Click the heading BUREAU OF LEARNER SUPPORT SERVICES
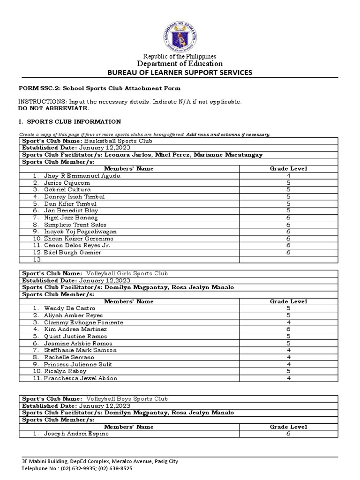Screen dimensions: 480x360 tap(180, 73)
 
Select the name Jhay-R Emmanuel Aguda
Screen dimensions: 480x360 tap(82, 176)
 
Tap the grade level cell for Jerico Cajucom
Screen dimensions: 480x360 tap(288, 183)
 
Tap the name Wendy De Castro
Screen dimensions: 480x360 tap(69, 308)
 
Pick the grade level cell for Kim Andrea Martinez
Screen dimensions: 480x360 tap(288, 329)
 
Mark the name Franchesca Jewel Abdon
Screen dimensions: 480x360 tap(81, 378)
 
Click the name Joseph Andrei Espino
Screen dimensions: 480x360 tap(76, 434)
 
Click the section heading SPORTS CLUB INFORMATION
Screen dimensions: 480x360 tap(74, 121)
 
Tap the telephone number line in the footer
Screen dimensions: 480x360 tap(77, 468)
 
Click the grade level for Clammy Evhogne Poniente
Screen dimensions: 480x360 tap(288, 322)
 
